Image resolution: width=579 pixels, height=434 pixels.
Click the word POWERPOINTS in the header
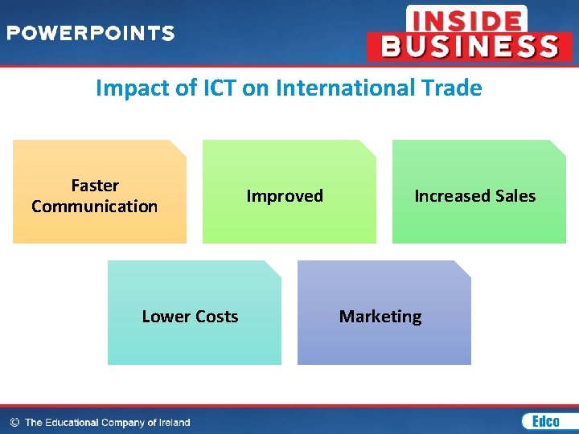pos(90,34)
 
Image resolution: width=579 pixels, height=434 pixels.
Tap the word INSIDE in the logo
pos(466,19)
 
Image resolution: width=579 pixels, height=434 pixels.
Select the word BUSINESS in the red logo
pos(470,47)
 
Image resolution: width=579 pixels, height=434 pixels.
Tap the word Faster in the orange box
pos(95,186)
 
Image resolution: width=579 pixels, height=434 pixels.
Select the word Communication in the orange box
pos(95,207)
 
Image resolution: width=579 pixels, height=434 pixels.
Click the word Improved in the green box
pos(285,196)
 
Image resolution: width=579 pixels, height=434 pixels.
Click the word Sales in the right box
pos(515,196)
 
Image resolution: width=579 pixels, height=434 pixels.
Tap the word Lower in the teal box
pos(166,317)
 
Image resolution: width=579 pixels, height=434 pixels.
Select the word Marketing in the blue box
pos(380,317)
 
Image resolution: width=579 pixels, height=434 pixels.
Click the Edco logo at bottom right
pos(544,421)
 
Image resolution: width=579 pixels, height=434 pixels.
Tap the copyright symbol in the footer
pos(14,422)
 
